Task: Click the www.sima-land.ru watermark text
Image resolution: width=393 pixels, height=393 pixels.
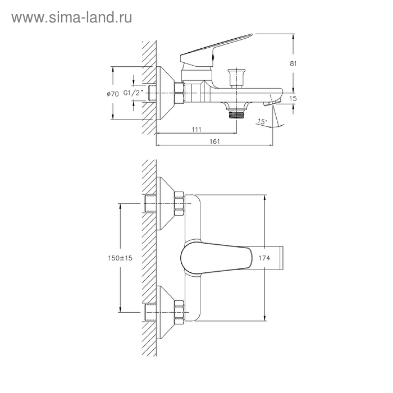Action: click(72, 18)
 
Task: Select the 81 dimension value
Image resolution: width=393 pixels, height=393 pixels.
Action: click(293, 63)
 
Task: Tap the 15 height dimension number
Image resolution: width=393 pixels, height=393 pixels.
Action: click(293, 98)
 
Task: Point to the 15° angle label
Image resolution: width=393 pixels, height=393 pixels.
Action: click(262, 122)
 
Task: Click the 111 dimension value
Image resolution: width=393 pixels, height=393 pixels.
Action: click(196, 129)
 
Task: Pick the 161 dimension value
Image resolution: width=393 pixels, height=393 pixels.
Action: click(214, 141)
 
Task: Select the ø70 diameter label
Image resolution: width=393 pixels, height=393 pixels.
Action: click(113, 94)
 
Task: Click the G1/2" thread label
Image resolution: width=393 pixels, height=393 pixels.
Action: click(134, 93)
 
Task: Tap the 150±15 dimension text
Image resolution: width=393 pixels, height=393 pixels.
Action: click(120, 258)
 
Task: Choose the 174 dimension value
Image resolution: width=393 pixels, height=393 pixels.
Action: click(264, 258)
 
